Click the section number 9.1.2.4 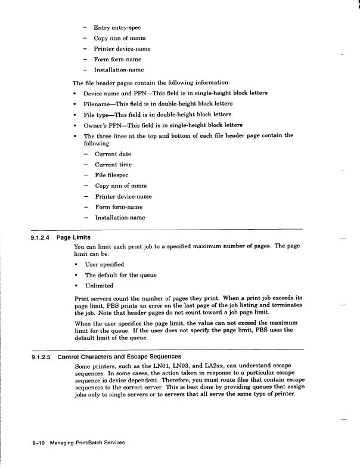coord(42,237)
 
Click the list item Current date coord(113,154)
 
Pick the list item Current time coord(113,165)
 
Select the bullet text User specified coord(104,264)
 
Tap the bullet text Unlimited coord(99,286)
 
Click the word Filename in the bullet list coord(98,103)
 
